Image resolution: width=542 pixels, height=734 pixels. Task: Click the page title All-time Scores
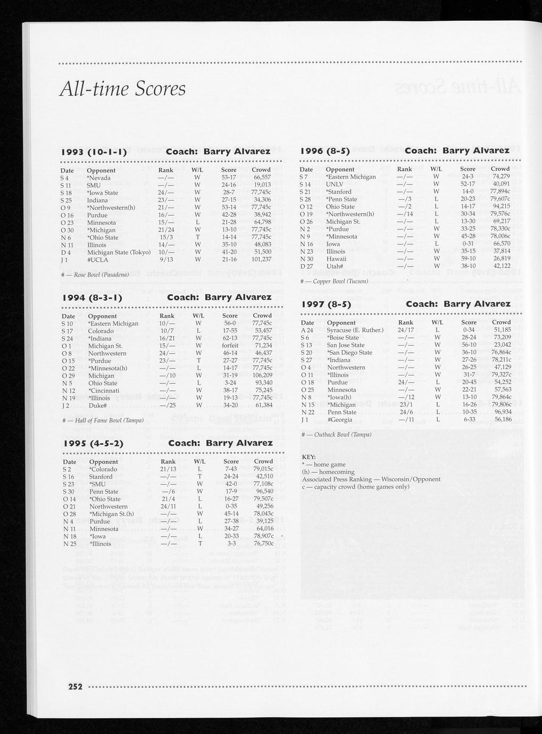[123, 88]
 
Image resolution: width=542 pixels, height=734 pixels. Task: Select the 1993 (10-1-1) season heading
[94, 152]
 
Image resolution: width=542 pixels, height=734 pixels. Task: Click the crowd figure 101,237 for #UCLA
[261, 260]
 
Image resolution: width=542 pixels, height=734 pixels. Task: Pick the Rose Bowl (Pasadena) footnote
[96, 274]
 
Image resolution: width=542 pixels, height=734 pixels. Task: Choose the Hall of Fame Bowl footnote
[103, 421]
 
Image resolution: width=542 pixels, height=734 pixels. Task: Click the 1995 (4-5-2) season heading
[94, 444]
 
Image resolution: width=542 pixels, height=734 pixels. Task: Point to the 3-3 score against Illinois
[231, 544]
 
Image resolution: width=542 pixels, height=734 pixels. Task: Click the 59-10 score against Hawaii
[468, 258]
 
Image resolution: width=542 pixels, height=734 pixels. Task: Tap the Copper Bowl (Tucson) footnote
[335, 281]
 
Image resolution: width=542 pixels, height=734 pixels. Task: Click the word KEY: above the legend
[309, 457]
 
